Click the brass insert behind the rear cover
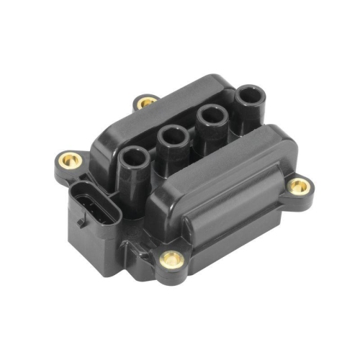click(x=146, y=102)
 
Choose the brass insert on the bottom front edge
click(x=171, y=258)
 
